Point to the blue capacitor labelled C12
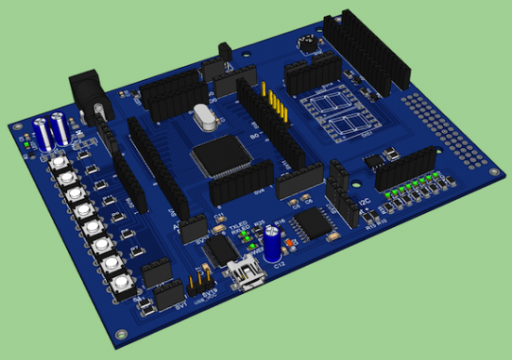(271, 245)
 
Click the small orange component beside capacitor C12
(289, 246)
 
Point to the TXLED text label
(238, 224)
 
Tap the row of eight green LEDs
(413, 183)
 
